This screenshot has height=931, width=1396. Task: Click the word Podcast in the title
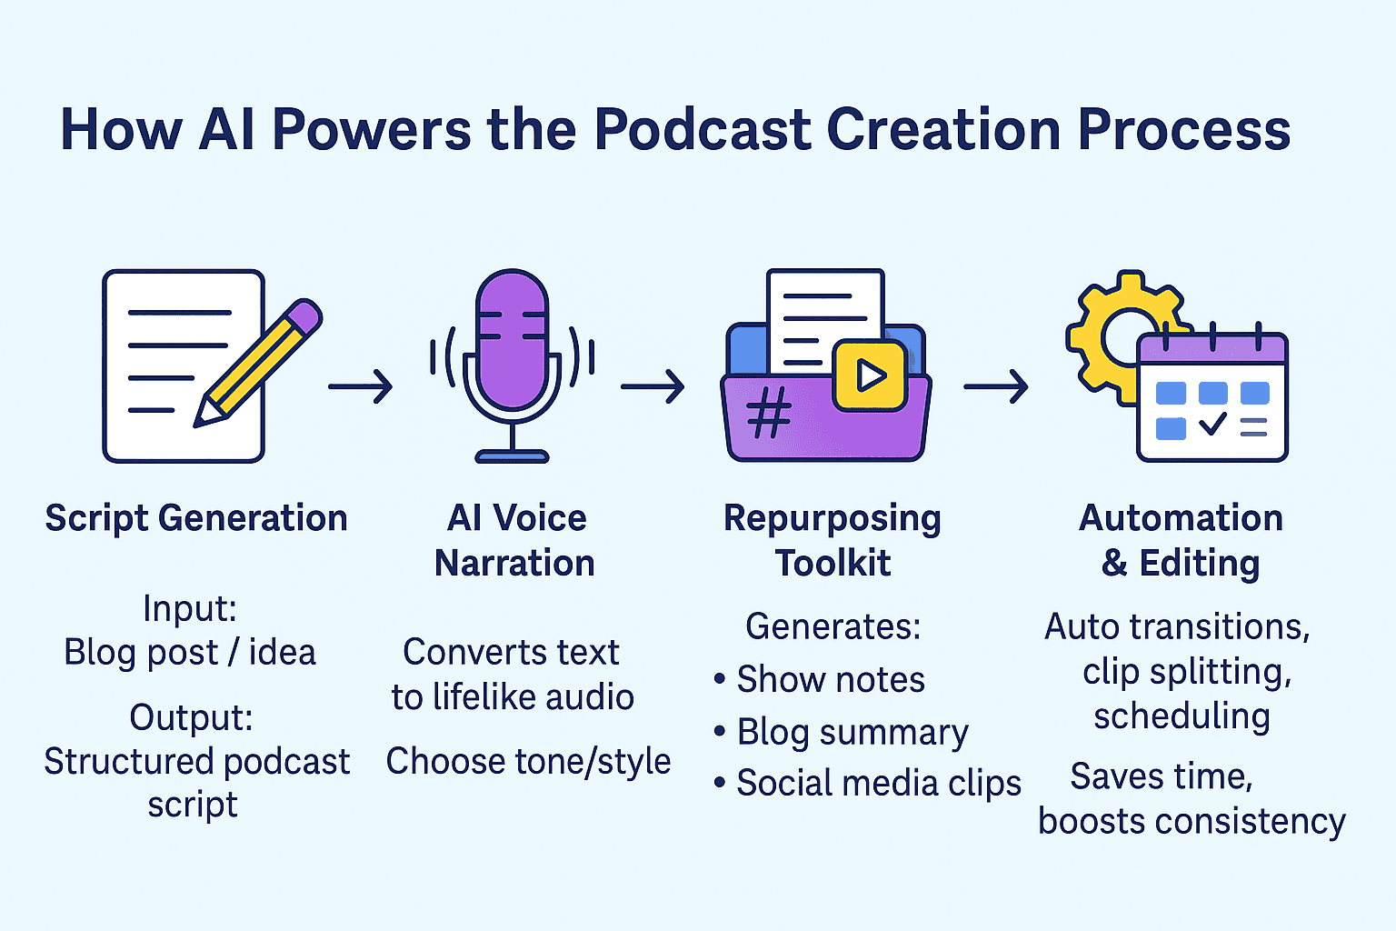pos(703,130)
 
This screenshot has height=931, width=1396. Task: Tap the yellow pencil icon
pos(257,363)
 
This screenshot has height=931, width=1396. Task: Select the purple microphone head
pos(512,340)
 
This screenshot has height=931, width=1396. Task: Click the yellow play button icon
pos(870,375)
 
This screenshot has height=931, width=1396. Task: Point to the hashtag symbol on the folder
pos(769,412)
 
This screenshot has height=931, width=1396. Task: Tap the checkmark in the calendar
pos(1212,424)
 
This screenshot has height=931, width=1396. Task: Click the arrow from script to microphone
pos(360,386)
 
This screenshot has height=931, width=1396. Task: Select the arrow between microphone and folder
pos(653,386)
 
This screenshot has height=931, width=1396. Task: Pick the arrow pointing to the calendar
pos(996,386)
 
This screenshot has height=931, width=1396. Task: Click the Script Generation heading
pos(196,519)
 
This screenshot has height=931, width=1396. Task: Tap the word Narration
pos(514,563)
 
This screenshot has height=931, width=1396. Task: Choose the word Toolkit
pos(833,563)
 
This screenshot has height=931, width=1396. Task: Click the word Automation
pos(1181,517)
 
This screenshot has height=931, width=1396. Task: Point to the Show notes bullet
pos(819,679)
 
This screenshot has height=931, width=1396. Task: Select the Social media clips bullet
pos(868,783)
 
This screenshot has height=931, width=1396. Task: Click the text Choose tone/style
pos(528,762)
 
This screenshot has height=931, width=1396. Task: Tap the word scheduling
pos(1182,716)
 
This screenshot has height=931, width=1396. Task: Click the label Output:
pos(192,717)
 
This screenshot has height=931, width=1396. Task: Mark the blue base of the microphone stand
pos(512,456)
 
